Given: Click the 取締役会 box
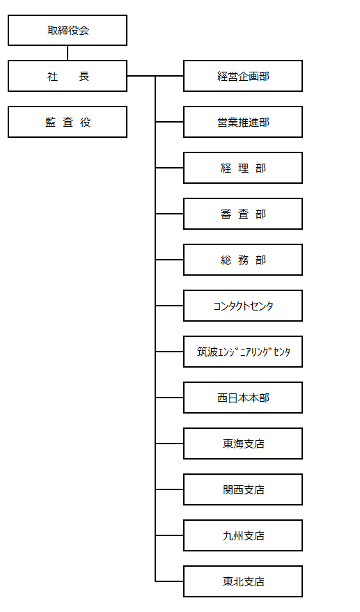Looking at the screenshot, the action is (x=68, y=31).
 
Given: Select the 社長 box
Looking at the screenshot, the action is (x=68, y=76).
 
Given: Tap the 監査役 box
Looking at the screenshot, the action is (x=68, y=122).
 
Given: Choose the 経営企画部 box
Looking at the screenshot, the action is (x=243, y=76).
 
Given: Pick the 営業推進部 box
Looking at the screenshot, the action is (x=243, y=122).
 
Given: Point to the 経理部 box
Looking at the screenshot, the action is (x=243, y=168).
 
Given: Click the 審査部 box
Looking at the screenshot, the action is (x=243, y=214).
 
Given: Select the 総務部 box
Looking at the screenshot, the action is (x=243, y=260).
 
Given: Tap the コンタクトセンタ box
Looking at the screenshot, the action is (x=243, y=306).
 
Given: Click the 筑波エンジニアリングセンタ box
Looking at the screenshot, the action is (x=243, y=352).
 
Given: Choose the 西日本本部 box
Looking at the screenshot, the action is (x=243, y=398).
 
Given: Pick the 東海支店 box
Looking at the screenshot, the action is (x=243, y=444).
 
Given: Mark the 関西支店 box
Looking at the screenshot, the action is (x=243, y=489).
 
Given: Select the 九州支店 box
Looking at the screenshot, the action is (x=243, y=535).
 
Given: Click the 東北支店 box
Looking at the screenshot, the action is (x=243, y=581).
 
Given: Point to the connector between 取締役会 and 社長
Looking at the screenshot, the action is (x=68, y=53).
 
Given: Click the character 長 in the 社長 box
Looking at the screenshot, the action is (x=84, y=76).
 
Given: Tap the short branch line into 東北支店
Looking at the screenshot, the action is (x=169, y=581).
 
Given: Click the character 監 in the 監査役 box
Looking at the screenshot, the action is (x=50, y=122).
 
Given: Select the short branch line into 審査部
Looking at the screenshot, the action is (x=169, y=214).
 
